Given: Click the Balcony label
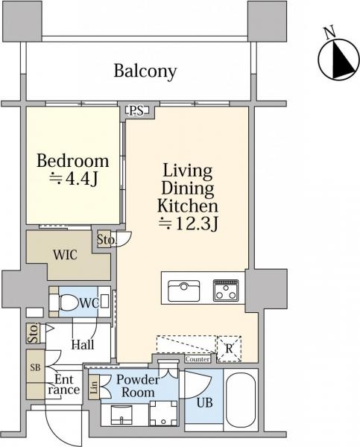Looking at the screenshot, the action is coord(145,71).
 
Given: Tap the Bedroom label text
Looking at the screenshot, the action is coord(73,161).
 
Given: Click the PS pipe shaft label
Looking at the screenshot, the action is coord(136,110).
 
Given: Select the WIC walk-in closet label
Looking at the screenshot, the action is coord(66,255).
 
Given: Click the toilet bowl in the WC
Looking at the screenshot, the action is coord(69,302).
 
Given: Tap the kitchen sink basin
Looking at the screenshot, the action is coord(183,291).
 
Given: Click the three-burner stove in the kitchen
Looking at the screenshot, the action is coord(226,291).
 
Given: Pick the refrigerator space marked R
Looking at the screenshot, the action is coord(229,349).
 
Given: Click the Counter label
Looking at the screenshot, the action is coord(198,359).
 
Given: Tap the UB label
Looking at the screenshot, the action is coord(205,402).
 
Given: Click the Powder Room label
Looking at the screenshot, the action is coord(138,386).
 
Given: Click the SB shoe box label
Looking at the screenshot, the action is coord(36,367).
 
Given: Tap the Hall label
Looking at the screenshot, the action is coord(83,345).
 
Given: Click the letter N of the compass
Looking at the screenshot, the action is coord(330,32).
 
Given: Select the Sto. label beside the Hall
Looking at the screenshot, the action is coord(33,333).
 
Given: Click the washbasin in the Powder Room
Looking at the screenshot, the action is coord(121,416).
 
